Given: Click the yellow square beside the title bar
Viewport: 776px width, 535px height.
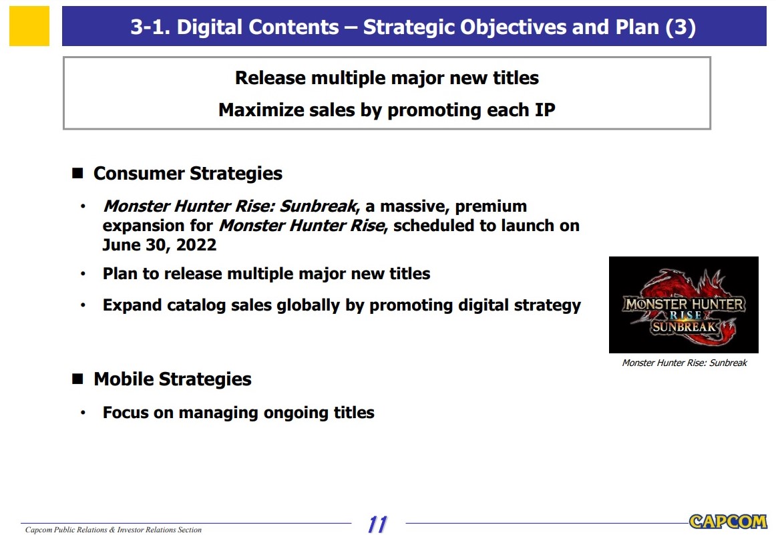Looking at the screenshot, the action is point(29,26).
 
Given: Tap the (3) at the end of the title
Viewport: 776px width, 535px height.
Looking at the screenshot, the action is point(681,27).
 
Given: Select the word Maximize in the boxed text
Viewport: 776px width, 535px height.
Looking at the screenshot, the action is point(261,110).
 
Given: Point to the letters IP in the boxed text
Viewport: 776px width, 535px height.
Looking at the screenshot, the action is point(545,110).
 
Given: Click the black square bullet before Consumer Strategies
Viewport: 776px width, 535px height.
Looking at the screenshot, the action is point(77,173).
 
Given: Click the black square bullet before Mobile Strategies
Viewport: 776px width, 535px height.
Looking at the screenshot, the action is point(77,379).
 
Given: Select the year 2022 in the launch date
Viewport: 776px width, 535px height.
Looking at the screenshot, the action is point(196,244).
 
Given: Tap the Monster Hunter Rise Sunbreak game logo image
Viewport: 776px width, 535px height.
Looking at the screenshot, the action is point(683,305).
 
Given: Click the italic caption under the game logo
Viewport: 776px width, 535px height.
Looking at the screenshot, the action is point(685,363).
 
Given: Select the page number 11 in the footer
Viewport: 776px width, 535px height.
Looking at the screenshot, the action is point(377,524).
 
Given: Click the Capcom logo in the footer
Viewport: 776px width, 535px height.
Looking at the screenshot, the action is point(728,521).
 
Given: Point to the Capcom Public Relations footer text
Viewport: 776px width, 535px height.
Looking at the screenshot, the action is point(114,530).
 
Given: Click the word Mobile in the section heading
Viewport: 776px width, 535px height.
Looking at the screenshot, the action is point(124,379).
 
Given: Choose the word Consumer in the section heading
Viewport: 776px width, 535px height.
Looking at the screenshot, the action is point(139,173).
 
